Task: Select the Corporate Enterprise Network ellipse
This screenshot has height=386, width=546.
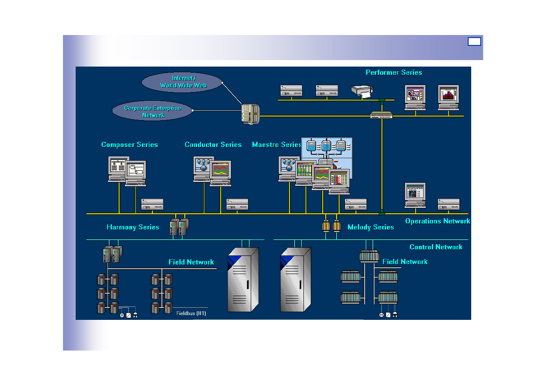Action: coord(153,111)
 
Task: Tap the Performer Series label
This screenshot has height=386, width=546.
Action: coord(394,72)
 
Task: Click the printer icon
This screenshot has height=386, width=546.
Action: coord(361,91)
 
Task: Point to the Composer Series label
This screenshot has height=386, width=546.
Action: coord(129,144)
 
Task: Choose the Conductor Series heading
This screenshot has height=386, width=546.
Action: coord(213,144)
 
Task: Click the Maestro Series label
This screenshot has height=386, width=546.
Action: coord(276,144)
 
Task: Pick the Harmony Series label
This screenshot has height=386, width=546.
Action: coord(133,227)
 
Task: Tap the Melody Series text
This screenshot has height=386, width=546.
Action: coord(370,227)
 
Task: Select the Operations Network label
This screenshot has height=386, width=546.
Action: coord(437,221)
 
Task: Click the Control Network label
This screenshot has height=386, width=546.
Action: coord(436,247)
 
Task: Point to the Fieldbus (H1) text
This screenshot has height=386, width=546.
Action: coord(191,313)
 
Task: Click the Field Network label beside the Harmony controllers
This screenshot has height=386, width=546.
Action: coord(191,262)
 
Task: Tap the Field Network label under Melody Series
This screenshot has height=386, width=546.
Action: coord(405,262)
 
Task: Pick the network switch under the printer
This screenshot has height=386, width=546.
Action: coord(381,115)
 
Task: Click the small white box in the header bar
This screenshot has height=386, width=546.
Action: coord(474,41)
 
